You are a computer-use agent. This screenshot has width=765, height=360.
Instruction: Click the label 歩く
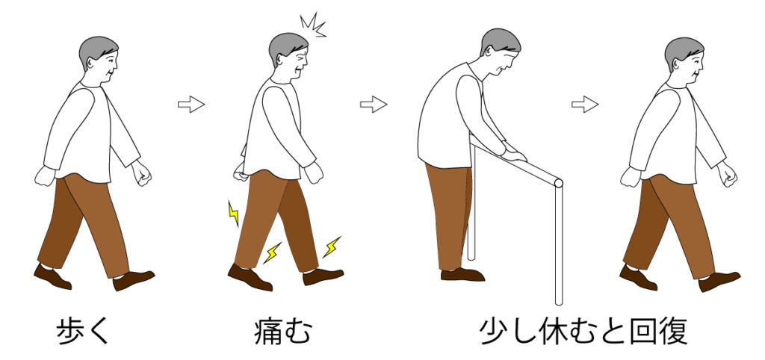pyautogui.click(x=84, y=331)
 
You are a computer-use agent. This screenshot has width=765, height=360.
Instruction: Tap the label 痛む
pyautogui.click(x=282, y=331)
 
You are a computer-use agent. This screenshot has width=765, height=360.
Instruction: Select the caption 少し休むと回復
pyautogui.click(x=583, y=331)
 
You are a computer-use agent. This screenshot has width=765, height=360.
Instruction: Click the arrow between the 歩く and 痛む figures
pyautogui.click(x=191, y=104)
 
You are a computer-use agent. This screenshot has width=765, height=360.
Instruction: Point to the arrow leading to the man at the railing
pyautogui.click(x=374, y=104)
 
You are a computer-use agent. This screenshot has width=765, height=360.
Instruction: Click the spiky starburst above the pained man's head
pyautogui.click(x=313, y=25)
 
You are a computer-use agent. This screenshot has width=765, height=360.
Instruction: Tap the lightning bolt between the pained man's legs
pyautogui.click(x=273, y=252)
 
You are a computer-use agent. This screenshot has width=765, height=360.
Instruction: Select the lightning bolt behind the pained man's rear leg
pyautogui.click(x=233, y=213)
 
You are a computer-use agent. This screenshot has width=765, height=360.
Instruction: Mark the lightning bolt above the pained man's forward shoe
pyautogui.click(x=331, y=247)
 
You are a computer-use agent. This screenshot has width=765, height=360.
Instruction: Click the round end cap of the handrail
pyautogui.click(x=557, y=182)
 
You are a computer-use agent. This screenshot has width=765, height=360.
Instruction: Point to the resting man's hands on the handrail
pyautogui.click(x=513, y=155)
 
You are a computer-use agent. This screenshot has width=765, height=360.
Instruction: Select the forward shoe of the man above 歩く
pyautogui.click(x=133, y=280)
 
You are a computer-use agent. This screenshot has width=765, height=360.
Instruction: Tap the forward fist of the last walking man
pyautogui.click(x=727, y=174)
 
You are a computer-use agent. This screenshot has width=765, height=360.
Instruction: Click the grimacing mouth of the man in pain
pyautogui.click(x=301, y=74)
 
